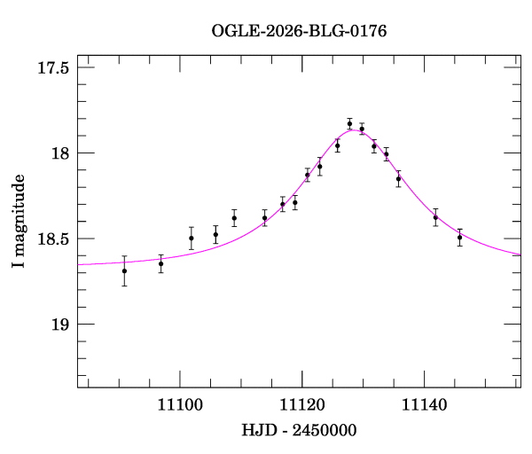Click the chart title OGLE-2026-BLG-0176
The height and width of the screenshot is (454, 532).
(299, 31)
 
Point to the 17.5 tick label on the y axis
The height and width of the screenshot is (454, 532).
(53, 68)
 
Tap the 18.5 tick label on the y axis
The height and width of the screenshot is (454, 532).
(53, 239)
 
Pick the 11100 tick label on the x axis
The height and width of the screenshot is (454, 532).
(180, 405)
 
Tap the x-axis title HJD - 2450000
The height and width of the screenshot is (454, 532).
(299, 430)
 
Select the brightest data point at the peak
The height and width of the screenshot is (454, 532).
(349, 123)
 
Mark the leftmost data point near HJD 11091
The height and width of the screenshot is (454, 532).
(124, 270)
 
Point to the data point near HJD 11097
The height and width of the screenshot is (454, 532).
(160, 263)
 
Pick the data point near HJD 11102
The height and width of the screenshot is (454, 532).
(192, 238)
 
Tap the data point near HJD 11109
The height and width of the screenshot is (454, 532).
(234, 218)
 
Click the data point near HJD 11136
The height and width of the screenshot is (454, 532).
(398, 178)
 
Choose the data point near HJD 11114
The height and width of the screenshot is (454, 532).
(265, 218)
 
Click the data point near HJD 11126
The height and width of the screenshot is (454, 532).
(337, 145)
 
